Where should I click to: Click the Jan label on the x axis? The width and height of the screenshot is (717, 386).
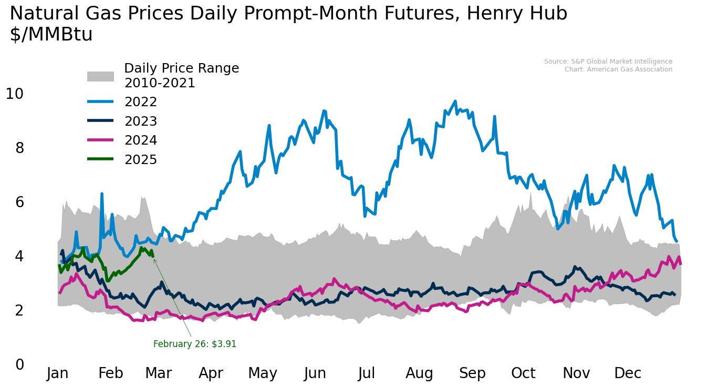pyautogui.click(x=58, y=373)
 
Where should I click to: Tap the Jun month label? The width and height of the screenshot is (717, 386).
pyautogui.click(x=315, y=373)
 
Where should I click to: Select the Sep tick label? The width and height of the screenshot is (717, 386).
pyautogui.click(x=472, y=373)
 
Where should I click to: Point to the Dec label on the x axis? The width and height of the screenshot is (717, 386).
pyautogui.click(x=628, y=373)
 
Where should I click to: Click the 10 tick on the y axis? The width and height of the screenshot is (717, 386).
pyautogui.click(x=15, y=94)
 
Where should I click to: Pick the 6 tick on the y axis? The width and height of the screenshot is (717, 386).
pyautogui.click(x=19, y=202)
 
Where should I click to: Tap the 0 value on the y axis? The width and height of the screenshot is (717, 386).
pyautogui.click(x=19, y=364)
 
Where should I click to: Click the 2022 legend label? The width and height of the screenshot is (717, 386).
pyautogui.click(x=141, y=102)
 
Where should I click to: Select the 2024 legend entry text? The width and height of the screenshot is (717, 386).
pyautogui.click(x=141, y=140)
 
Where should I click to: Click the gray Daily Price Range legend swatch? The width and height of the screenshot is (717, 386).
pyautogui.click(x=100, y=76)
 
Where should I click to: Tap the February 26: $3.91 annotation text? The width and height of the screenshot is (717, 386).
pyautogui.click(x=195, y=344)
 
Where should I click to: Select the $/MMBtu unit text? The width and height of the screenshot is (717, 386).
pyautogui.click(x=51, y=35)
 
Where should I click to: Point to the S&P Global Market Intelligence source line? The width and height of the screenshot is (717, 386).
pyautogui.click(x=608, y=62)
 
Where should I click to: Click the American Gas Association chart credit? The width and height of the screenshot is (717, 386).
pyautogui.click(x=618, y=69)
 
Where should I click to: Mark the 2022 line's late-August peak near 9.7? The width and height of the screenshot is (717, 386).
pyautogui.click(x=455, y=101)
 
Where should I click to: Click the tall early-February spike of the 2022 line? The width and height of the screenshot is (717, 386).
pyautogui.click(x=102, y=194)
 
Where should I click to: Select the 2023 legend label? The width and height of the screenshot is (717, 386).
pyautogui.click(x=141, y=121)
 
